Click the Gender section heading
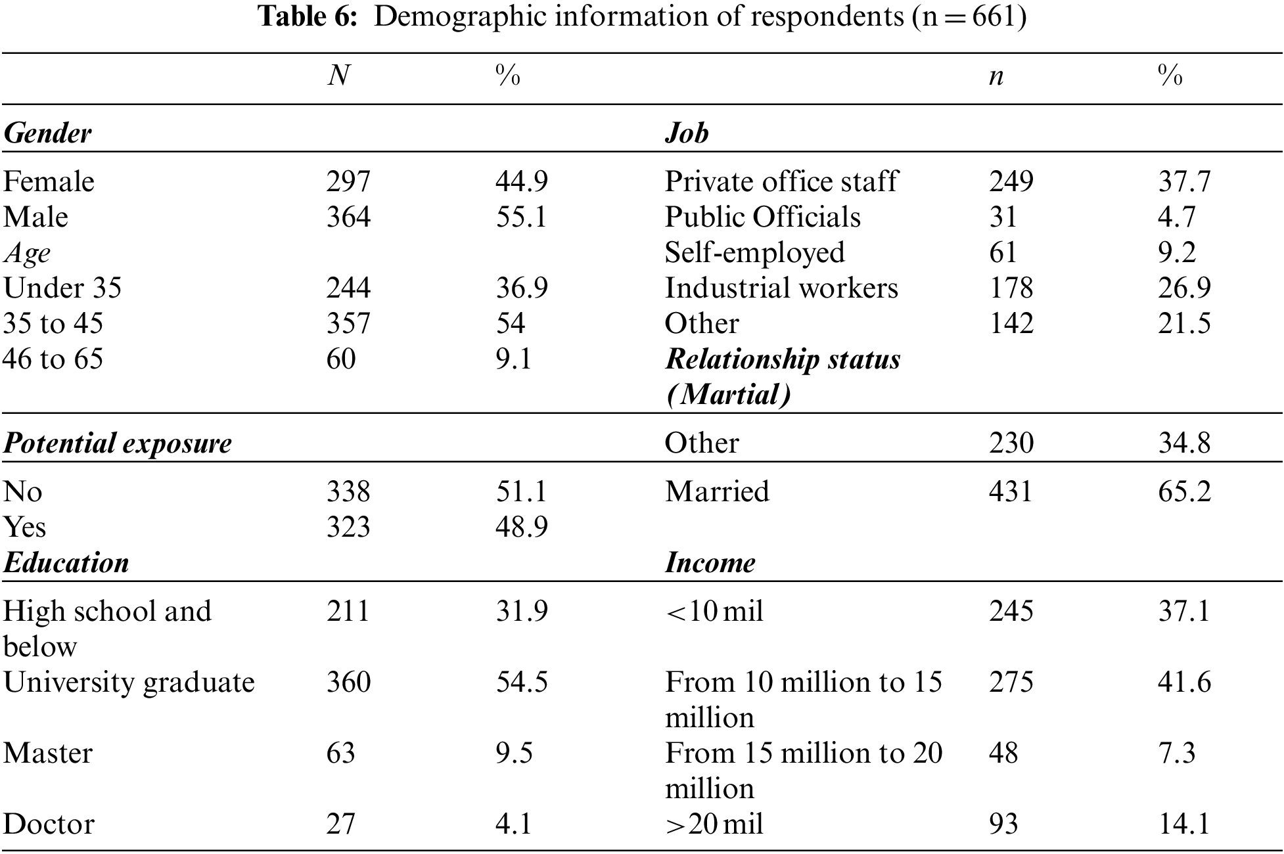47,133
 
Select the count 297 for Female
348,182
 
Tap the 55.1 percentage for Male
521,217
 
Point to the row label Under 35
62,288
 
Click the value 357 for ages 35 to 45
348,324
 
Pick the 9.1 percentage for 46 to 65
513,359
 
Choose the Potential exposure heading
118,443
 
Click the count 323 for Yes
348,528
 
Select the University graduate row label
129,683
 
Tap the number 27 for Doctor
340,824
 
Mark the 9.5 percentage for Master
513,753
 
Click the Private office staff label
781,182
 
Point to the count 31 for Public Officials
1003,217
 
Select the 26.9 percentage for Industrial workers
1183,288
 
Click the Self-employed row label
754,253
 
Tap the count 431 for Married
1011,492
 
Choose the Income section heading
710,563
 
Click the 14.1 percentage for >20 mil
1183,824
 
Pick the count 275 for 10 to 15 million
1011,683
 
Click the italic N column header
338,77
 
